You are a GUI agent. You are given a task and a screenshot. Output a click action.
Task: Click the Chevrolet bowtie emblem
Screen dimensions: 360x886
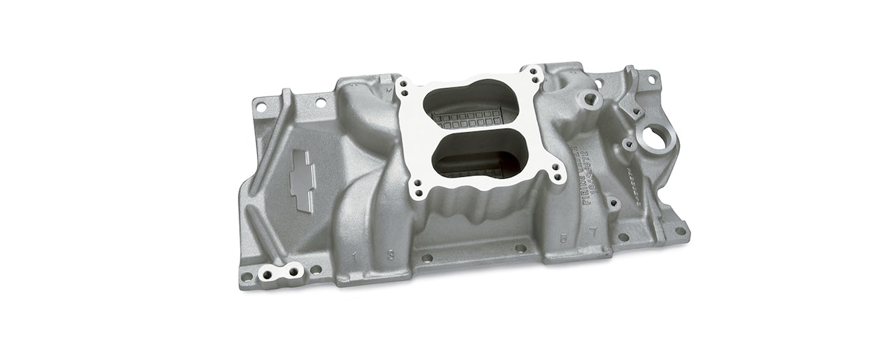(302, 179)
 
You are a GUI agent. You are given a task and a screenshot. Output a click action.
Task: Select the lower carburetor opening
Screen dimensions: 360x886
(479, 154)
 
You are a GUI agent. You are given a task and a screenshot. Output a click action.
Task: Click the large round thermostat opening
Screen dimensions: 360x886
(655, 138)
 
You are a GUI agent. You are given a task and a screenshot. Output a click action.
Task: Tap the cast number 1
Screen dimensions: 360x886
(356, 255)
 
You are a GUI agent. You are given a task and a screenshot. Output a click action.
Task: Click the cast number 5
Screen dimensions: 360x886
(562, 237)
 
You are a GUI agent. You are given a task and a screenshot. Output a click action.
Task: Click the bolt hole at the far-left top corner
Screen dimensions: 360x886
(261, 107)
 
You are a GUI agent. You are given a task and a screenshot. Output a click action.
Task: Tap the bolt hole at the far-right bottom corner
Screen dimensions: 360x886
(679, 231)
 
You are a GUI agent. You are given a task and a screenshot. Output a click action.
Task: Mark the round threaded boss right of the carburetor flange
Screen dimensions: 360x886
(591, 101)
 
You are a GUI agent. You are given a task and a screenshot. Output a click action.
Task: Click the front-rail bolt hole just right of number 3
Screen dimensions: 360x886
(427, 257)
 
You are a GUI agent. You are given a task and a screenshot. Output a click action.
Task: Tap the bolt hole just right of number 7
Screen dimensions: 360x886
(623, 236)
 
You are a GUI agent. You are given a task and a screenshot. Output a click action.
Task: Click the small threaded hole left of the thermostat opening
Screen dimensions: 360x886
(627, 145)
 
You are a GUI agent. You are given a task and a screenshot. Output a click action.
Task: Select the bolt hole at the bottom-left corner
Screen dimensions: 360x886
(247, 276)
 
